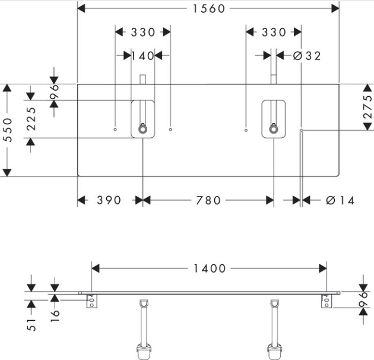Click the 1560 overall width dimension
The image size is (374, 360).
coord(208,8)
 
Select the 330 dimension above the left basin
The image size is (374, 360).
coord(142,32)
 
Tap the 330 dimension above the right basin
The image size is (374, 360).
coord(273,32)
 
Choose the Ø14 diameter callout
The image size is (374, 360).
coord(340,200)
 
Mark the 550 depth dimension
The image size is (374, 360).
coord(7,130)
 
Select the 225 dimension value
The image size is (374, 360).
coord(31,119)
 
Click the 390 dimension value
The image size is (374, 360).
coord(109,200)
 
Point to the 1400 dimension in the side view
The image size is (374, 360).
coord(209,269)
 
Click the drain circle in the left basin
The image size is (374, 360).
coord(142,129)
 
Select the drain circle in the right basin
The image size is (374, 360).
coord(273,129)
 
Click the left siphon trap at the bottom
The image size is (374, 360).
coord(142,350)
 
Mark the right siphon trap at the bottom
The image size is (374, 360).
coord(274,350)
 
